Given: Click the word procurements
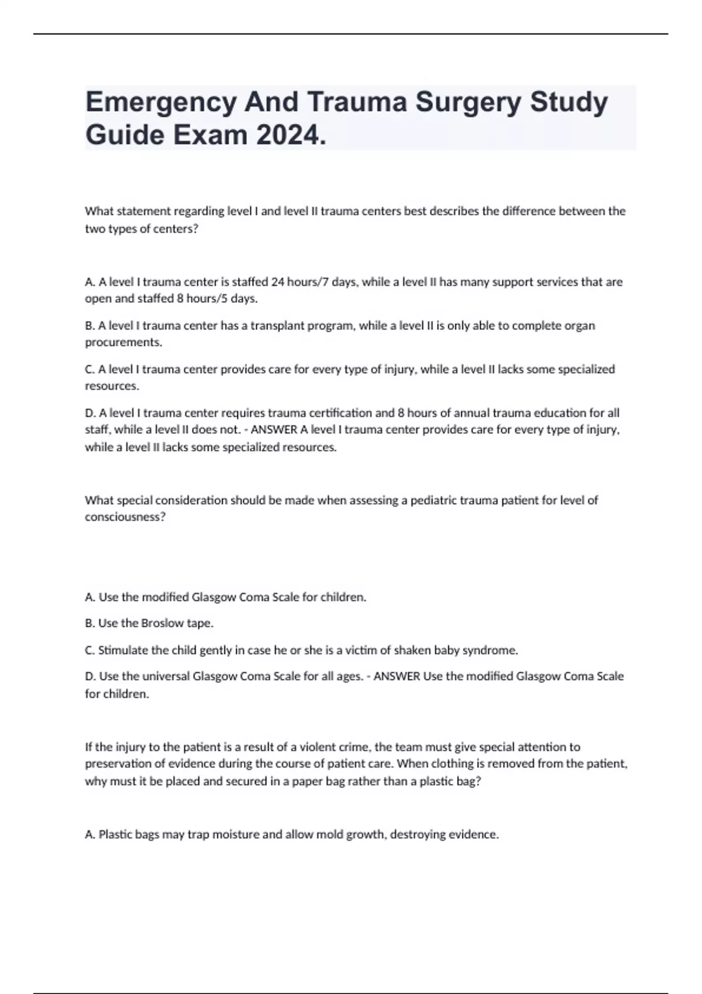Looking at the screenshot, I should click(x=123, y=343).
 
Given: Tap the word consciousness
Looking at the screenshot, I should click(x=125, y=517).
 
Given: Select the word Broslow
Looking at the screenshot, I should click(x=163, y=623).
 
